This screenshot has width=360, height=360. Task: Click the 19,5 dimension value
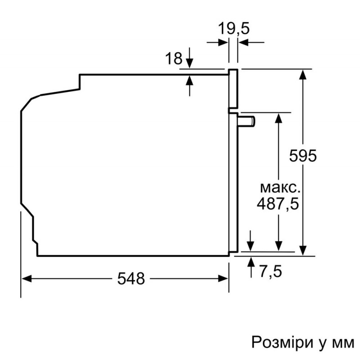click(233, 28)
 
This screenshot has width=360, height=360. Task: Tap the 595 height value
click(302, 156)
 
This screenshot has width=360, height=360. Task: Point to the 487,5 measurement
click(278, 203)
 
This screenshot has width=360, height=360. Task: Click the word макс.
click(280, 188)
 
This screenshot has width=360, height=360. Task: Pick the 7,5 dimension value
click(270, 271)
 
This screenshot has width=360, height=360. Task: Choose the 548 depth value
click(131, 279)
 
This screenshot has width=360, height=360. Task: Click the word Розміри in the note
click(283, 342)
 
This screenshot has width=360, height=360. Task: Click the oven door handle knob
click(246, 121)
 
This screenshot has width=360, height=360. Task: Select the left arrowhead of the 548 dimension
click(27, 279)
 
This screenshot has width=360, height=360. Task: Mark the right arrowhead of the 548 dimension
click(223, 279)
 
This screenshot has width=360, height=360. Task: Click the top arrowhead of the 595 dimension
click(303, 74)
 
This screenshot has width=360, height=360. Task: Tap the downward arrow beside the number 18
click(189, 58)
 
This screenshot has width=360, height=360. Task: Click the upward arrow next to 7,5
click(251, 267)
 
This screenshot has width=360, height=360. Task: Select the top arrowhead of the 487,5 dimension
click(279, 118)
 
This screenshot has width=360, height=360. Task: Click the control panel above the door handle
click(233, 88)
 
